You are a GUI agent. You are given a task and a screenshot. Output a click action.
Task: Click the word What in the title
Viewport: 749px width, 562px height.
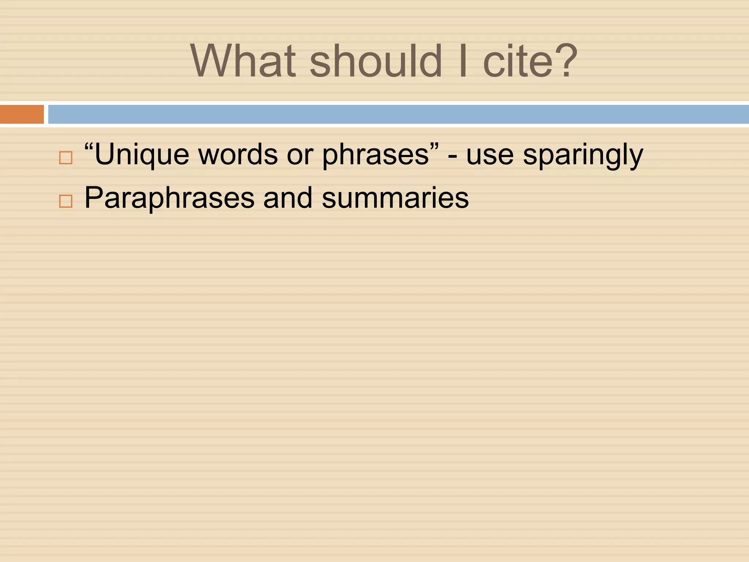click(x=243, y=61)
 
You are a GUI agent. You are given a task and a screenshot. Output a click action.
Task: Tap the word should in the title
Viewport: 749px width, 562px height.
click(x=376, y=61)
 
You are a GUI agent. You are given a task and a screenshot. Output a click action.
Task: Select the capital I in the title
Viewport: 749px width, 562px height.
click(x=463, y=61)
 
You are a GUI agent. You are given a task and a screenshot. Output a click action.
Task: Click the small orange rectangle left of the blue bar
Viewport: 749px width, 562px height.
click(x=22, y=114)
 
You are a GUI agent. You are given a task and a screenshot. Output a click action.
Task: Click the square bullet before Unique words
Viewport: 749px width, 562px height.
click(x=66, y=158)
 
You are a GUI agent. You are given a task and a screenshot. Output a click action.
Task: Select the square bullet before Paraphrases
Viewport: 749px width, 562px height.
click(x=66, y=201)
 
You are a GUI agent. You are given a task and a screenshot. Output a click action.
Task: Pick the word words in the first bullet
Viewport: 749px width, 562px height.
click(x=238, y=154)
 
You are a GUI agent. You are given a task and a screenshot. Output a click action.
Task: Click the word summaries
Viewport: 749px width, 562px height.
click(x=395, y=198)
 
